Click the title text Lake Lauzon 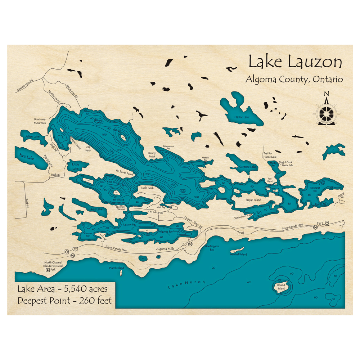[295, 62]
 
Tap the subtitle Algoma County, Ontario [294, 79]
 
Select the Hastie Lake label [242, 117]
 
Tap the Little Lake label [75, 166]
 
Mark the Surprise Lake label [248, 167]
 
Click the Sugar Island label [253, 200]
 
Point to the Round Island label [281, 287]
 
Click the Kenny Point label [152, 155]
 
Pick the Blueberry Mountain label [40, 121]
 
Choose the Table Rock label [147, 188]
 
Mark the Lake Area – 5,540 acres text [62, 289]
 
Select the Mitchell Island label [239, 255]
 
